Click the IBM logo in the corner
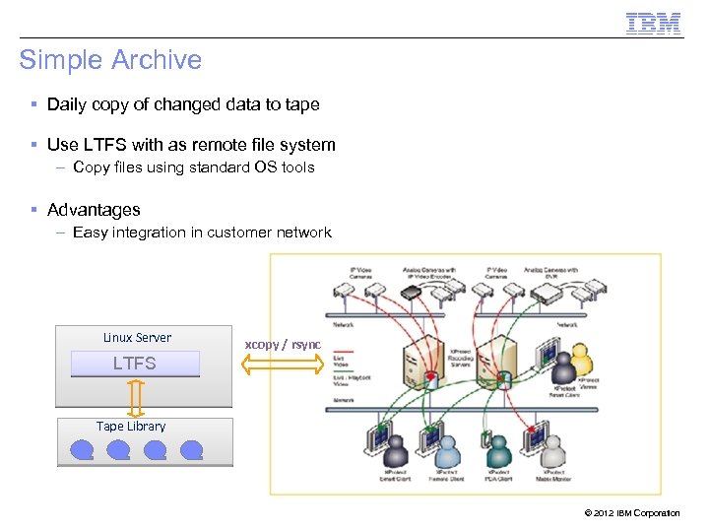(654, 23)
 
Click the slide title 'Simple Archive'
(110, 60)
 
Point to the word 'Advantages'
(94, 210)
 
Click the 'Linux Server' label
(137, 338)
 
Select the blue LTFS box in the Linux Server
(135, 364)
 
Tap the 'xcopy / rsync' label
(283, 344)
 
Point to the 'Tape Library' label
(131, 427)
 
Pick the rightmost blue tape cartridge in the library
(191, 450)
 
